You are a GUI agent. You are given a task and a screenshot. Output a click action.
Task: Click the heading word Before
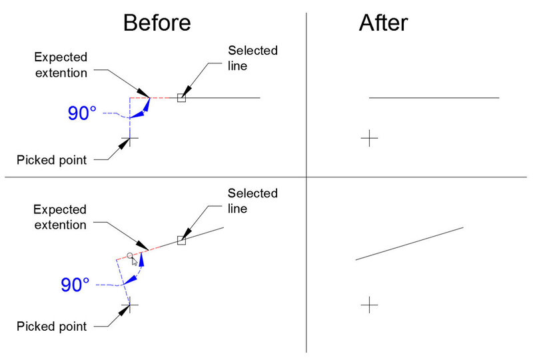[x=157, y=23]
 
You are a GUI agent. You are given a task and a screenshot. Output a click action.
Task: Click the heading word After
[x=383, y=23]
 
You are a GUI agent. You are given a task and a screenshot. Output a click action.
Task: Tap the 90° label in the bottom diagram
[x=75, y=285]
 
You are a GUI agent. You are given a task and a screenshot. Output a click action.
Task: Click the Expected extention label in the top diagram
[x=60, y=65]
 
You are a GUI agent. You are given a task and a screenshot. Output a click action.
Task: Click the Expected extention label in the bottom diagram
[x=60, y=217]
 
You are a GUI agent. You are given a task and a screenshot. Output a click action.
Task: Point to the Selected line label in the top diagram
[x=253, y=58]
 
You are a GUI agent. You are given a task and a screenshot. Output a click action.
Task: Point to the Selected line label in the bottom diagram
[x=253, y=201]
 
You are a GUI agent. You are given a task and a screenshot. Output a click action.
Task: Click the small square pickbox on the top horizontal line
[x=181, y=98]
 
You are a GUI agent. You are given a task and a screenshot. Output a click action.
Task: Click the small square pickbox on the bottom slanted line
[x=181, y=240]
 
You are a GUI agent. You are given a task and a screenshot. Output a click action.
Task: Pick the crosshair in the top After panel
[x=369, y=139]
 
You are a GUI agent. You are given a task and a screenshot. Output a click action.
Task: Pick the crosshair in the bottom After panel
[x=369, y=305]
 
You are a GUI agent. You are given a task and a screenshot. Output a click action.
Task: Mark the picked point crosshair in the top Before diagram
[x=131, y=139]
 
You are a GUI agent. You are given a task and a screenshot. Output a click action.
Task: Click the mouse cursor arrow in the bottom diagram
[x=135, y=261]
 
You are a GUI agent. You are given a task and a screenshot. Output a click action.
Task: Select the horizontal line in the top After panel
[x=434, y=98]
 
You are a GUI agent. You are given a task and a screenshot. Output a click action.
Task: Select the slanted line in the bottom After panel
[x=410, y=243]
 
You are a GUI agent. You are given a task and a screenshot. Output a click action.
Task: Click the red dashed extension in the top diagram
[x=153, y=98]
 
